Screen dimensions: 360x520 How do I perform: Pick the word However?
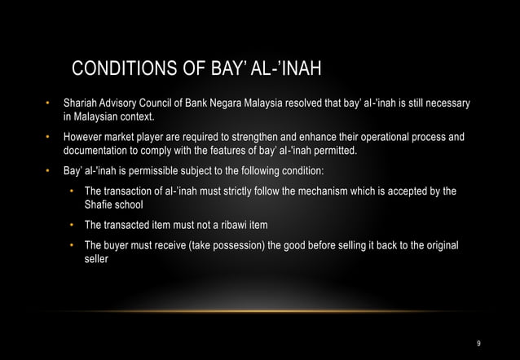(x=84, y=138)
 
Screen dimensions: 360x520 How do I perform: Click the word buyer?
(x=117, y=245)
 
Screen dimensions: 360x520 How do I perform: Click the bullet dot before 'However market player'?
(x=47, y=138)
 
